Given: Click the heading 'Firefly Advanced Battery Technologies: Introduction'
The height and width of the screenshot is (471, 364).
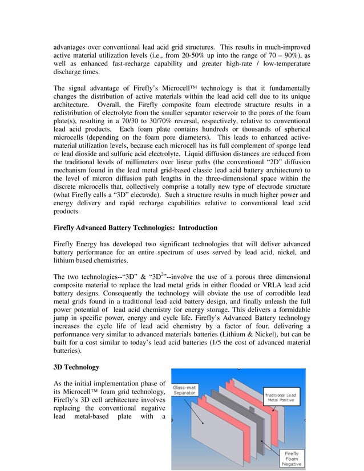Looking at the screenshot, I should (135, 228).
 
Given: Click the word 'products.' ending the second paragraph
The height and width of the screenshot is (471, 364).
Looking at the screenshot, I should (69, 210).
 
